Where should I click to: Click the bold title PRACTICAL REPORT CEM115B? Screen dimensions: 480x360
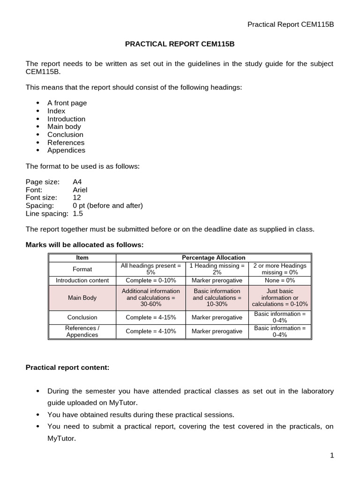[x=180, y=44]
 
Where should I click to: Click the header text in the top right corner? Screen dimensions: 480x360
[x=290, y=24]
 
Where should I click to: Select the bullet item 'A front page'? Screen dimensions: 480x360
[x=67, y=103]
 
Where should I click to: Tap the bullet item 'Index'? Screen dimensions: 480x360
[x=56, y=111]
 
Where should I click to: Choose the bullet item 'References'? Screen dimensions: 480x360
[x=66, y=142]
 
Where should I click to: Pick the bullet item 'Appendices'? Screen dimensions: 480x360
[x=66, y=150]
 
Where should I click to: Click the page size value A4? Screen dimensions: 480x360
[x=77, y=182]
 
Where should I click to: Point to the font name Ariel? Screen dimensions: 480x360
[x=80, y=190]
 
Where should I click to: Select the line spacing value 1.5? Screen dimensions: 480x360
[x=78, y=213]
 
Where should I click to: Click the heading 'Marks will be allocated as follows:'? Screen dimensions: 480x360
[x=84, y=245]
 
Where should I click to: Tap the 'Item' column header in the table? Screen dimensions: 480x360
[x=82, y=258]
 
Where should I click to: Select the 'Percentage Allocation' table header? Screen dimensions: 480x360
[x=213, y=258]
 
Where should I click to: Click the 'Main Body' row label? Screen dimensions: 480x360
[x=82, y=298]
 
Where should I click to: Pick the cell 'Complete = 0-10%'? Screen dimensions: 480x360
[x=150, y=280]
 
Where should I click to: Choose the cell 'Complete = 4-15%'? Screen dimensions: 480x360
[x=150, y=317]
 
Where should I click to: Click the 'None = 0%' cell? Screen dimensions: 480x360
[x=279, y=280]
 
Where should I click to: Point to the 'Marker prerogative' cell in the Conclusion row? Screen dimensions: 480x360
[x=217, y=317]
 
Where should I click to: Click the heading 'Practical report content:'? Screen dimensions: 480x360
[x=67, y=368]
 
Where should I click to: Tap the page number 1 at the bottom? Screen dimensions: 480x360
[x=331, y=456]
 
